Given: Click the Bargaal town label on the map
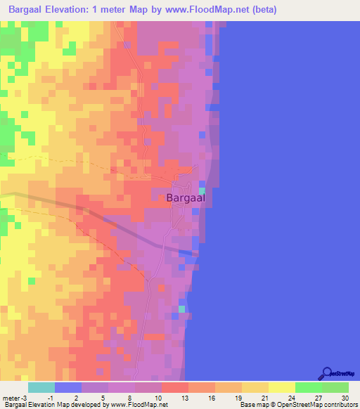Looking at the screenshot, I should (x=186, y=198).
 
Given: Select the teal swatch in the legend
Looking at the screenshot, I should (x=41, y=387).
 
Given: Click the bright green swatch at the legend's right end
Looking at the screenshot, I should (x=335, y=387).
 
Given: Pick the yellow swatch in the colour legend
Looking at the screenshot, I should (x=282, y=387).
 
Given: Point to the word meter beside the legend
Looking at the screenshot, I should (x=11, y=397).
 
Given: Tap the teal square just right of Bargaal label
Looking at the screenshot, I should (x=202, y=190).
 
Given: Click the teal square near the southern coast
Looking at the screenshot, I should (x=181, y=309).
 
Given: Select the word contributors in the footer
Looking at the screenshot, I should (x=340, y=405).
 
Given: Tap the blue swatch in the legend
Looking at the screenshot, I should (x=68, y=387).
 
